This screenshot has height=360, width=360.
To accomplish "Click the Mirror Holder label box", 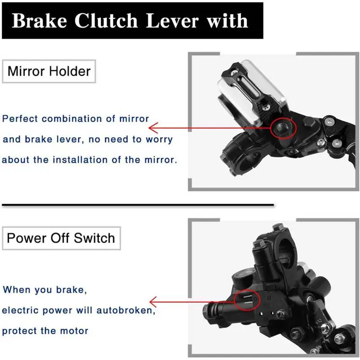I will pyautogui.click(x=49, y=71).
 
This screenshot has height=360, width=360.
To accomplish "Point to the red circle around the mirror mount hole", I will pyautogui.click(x=283, y=128).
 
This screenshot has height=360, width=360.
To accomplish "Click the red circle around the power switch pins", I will pyautogui.click(x=246, y=300).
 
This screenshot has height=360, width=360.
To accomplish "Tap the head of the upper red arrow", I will pyautogui.click(x=152, y=128).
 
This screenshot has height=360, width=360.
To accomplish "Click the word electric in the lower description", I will pyautogui.click(x=20, y=310).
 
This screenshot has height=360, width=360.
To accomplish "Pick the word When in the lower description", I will pyautogui.click(x=16, y=289).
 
